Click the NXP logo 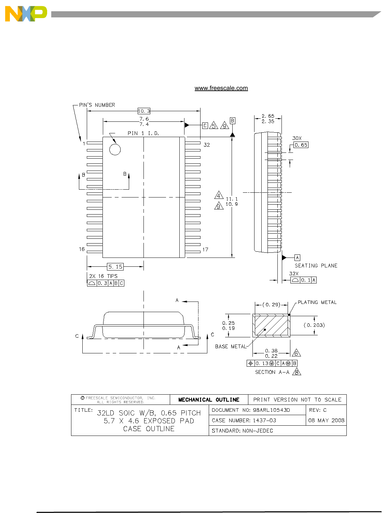point(26,14)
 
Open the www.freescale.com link point(221,88)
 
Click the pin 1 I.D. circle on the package point(115,149)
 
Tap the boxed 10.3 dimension point(144,111)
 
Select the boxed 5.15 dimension point(115,266)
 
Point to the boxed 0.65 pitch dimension point(301,145)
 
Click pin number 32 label point(207,145)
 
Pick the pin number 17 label point(205,250)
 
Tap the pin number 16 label point(82,249)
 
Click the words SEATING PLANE point(316,266)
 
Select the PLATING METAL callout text point(317,302)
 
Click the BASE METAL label point(231,347)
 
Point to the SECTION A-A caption point(272,372)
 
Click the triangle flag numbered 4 point(219,196)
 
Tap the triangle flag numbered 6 point(296,353)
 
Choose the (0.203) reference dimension point(314,325)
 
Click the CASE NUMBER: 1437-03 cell point(244,421)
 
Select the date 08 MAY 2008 point(326,421)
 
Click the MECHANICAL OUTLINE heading point(209,400)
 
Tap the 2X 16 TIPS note point(103,276)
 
